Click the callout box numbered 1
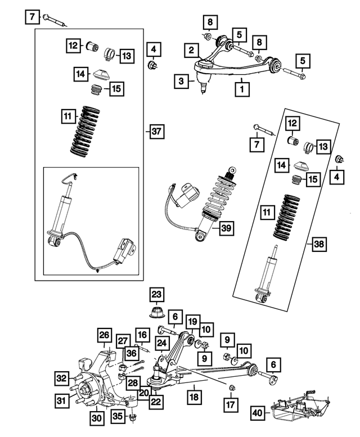coord(242,88)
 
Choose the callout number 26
coord(105,336)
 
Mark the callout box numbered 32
coord(61,378)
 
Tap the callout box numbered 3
coord(181,82)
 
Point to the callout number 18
coord(195,398)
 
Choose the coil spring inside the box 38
coord(289,217)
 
